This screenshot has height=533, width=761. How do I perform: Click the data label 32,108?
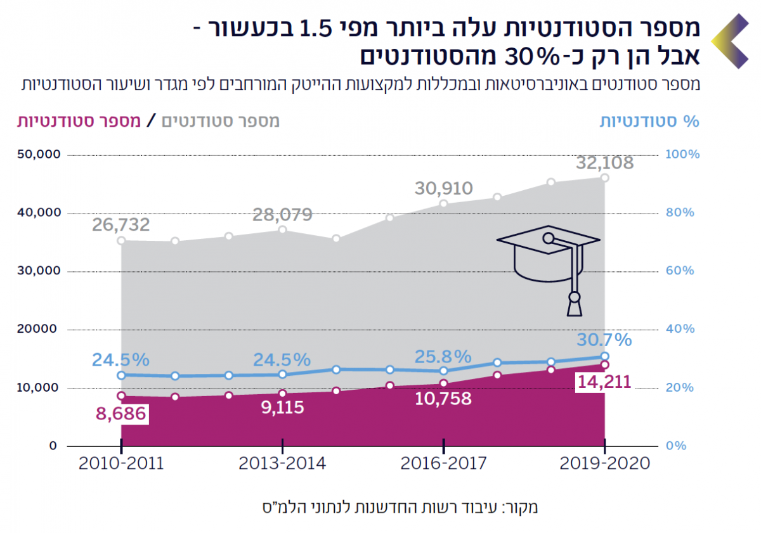[604, 164]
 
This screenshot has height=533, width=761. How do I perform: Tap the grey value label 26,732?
[120, 225]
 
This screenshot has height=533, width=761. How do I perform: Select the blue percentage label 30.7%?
[604, 340]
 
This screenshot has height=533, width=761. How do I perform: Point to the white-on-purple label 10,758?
[444, 399]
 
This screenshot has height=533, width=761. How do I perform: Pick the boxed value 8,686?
[120, 414]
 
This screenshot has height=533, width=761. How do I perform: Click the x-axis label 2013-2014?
[282, 463]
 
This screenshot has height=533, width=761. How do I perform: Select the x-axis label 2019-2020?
[605, 463]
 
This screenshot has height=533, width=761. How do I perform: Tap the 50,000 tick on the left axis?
[36, 155]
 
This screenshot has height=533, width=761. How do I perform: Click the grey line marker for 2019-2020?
[604, 178]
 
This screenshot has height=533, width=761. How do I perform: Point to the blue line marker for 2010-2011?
[121, 375]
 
